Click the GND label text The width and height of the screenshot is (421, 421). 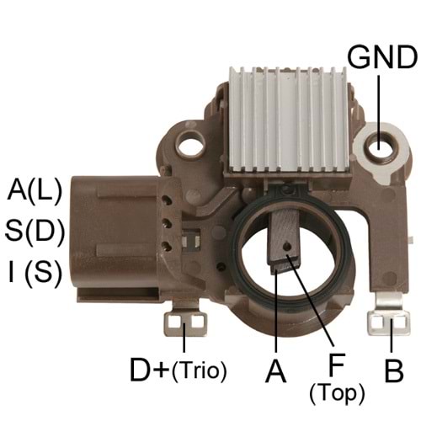(382, 60)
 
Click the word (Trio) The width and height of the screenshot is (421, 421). (199, 371)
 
